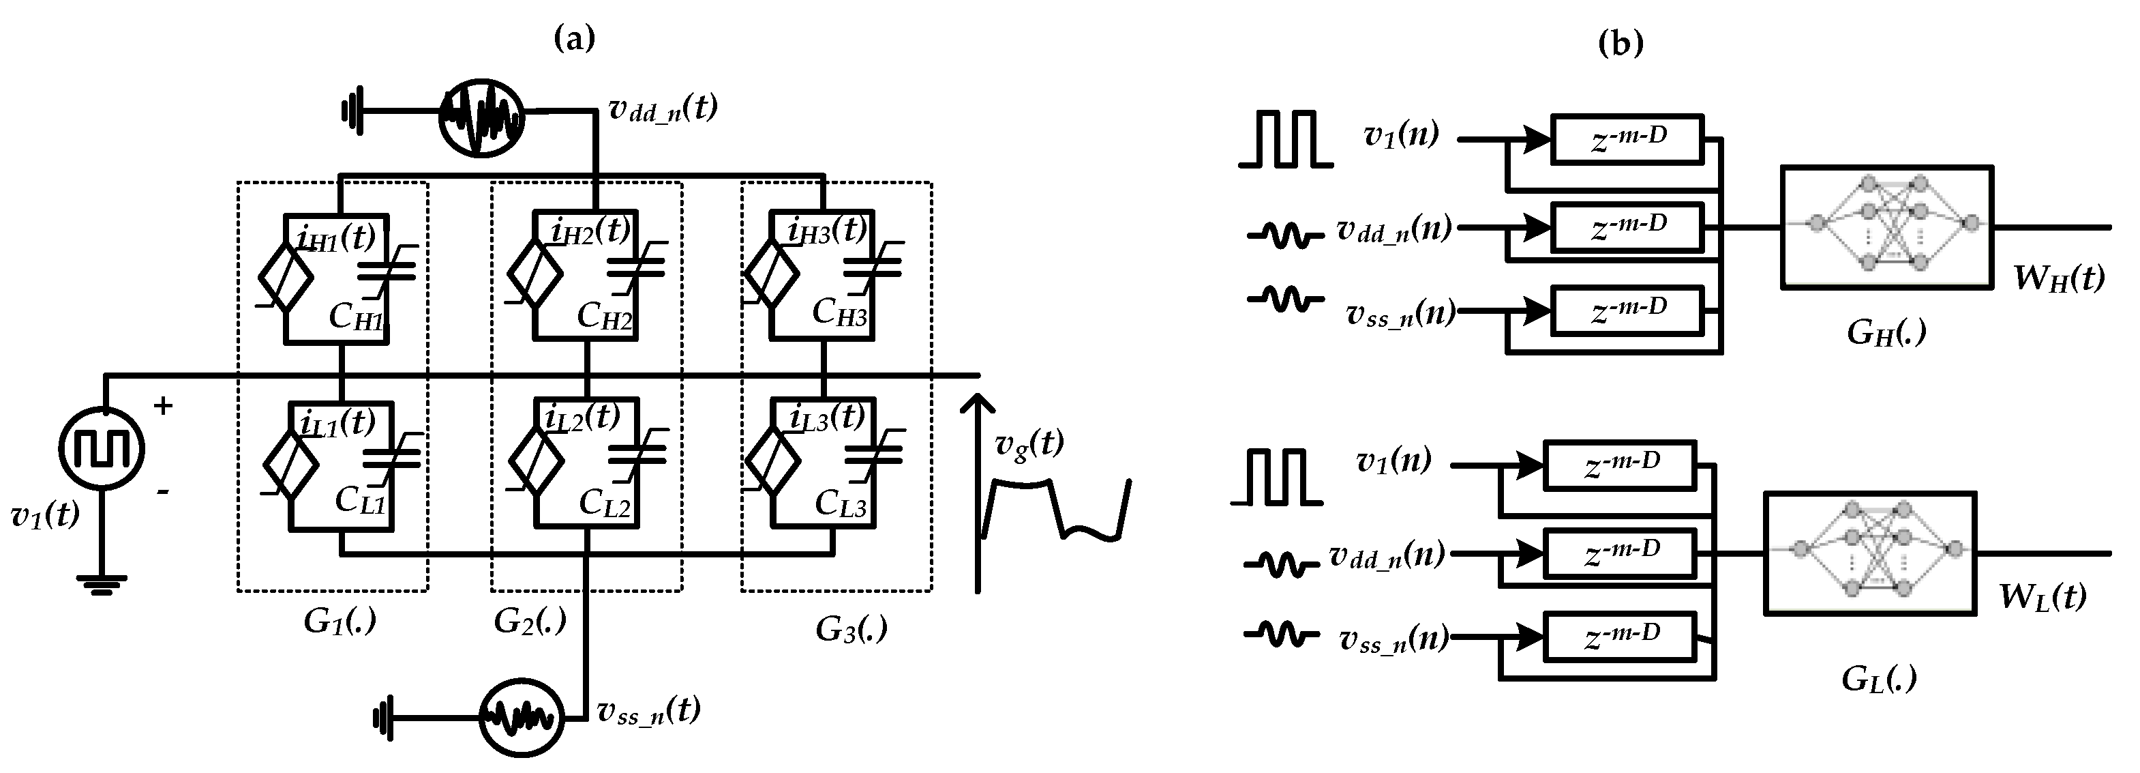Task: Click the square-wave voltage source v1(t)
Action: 102,449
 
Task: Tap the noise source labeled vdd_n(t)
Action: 481,117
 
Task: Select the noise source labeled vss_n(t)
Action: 522,717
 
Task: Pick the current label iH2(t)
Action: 590,231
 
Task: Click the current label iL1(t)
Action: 337,423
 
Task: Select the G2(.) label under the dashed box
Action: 529,620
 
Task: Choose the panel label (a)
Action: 574,38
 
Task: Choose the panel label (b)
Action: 1621,42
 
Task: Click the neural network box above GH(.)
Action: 1886,227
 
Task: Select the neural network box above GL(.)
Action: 1869,553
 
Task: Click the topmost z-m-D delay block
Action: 1627,138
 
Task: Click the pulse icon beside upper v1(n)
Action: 1285,138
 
